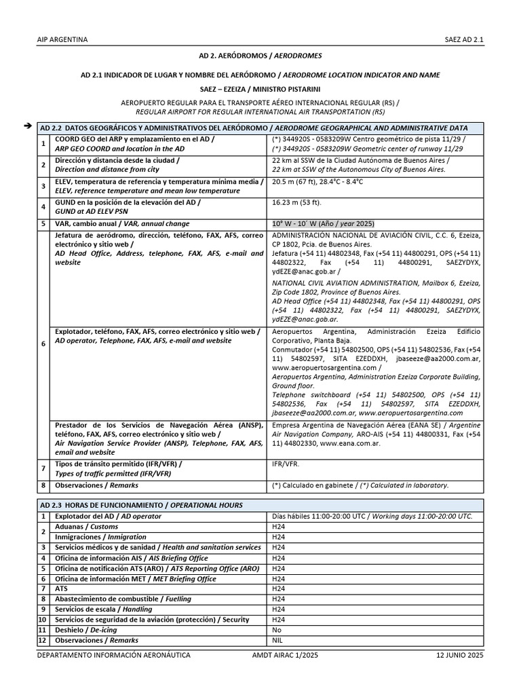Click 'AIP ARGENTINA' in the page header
pos(62,39)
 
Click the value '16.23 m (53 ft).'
pos(297,202)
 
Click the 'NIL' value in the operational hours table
pos(278,640)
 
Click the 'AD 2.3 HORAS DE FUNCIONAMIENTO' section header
pos(141,505)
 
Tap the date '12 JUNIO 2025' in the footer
pos(460,655)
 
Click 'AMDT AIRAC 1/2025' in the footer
pos(285,655)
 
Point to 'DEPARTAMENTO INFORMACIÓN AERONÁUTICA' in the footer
pos(113,655)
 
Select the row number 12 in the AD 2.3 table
pos(42,640)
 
